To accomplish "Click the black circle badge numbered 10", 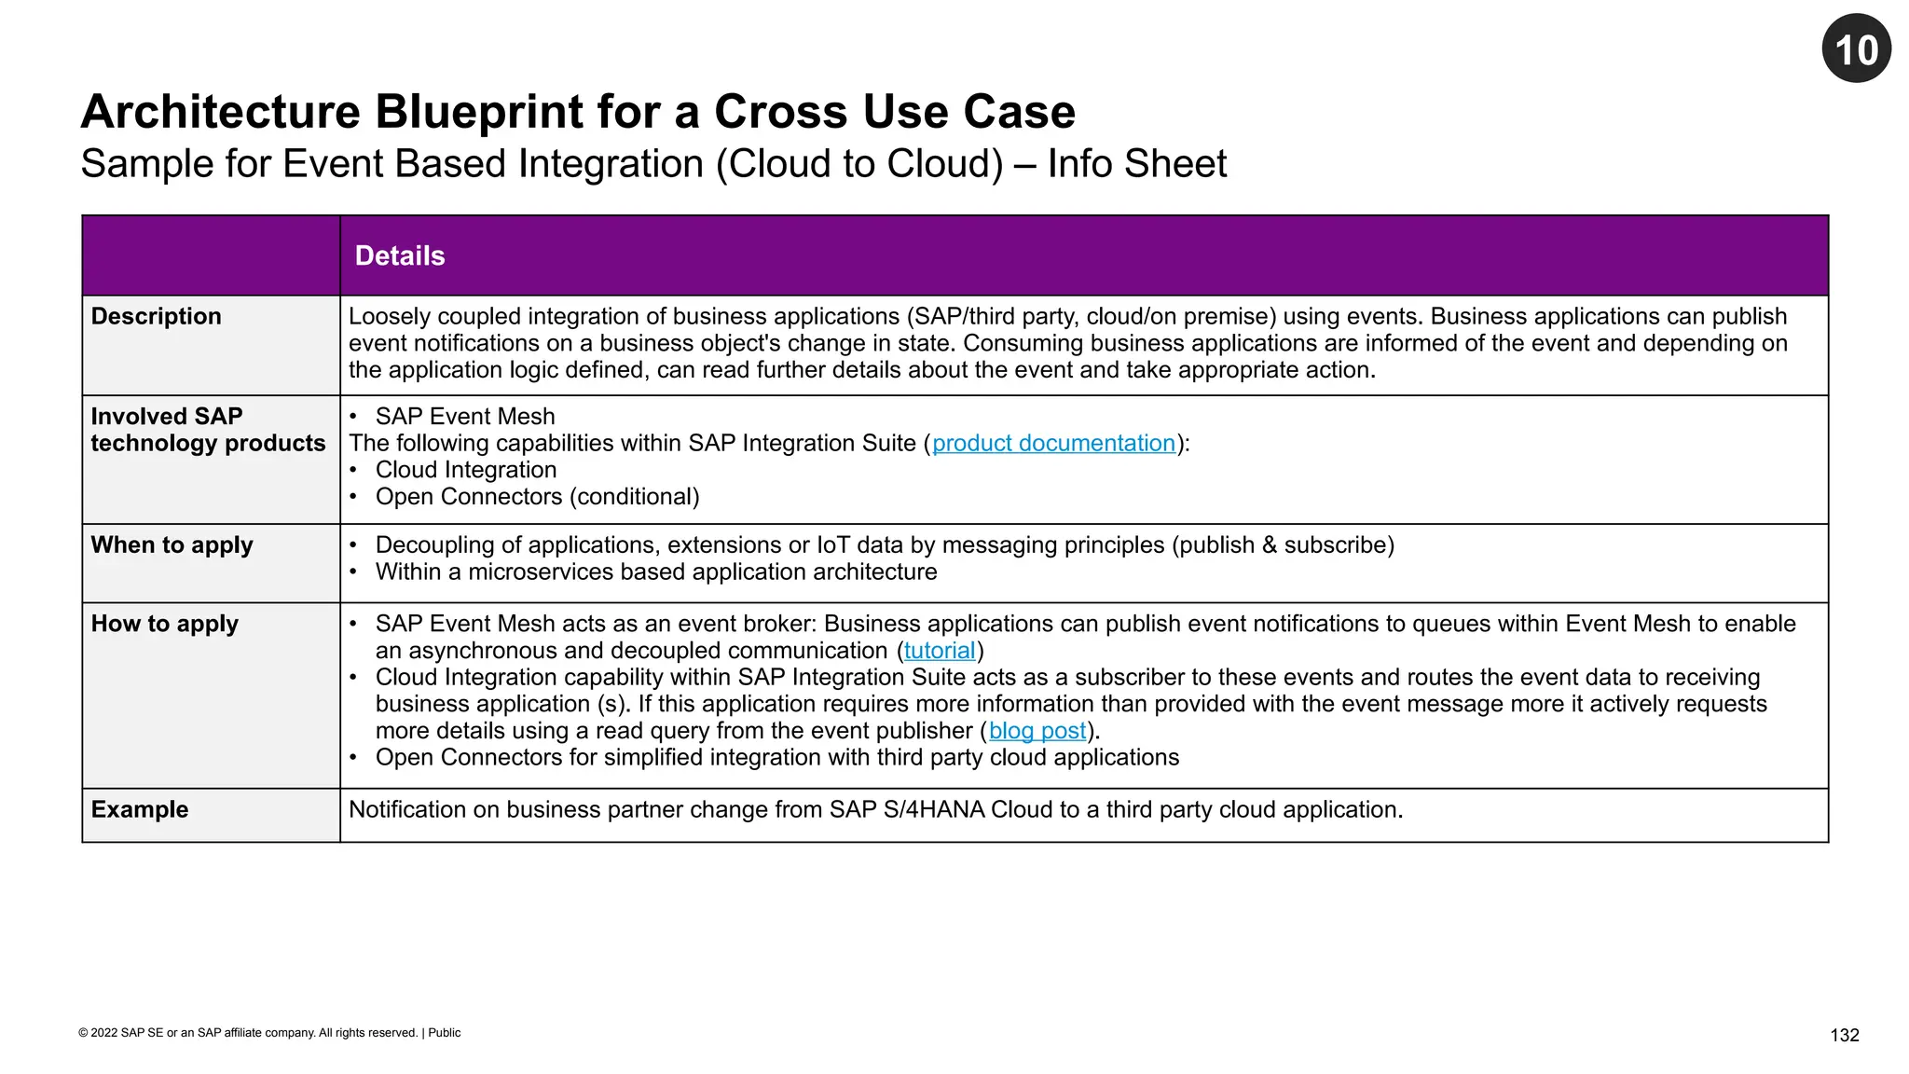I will click(1856, 48).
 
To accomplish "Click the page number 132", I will click(1844, 1035).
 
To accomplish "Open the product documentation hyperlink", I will click(1053, 443).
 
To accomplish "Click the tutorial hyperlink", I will click(939, 651).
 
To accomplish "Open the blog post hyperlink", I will click(1037, 731).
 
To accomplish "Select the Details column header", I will click(400, 255).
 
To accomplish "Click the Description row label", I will click(156, 316).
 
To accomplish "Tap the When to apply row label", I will click(172, 544).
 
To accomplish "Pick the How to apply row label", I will click(164, 624).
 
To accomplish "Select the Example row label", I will click(139, 809).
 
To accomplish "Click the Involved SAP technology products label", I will click(207, 430).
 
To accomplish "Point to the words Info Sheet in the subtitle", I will click(1136, 164).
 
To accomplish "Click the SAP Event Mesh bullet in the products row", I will click(464, 417).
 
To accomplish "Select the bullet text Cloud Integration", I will click(465, 470).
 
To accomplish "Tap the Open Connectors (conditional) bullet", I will click(537, 497).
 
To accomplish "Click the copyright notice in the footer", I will click(269, 1033).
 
